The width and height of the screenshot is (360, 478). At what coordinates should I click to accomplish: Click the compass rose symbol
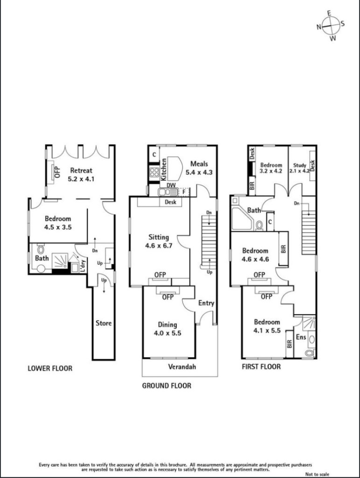[x=331, y=26]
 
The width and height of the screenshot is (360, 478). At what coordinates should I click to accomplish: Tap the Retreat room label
[x=81, y=170]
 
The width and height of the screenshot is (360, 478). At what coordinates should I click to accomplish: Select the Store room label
[x=104, y=323]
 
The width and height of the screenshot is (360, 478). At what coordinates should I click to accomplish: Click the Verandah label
[x=182, y=366]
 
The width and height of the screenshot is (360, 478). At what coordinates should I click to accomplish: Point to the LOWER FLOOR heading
[x=50, y=368]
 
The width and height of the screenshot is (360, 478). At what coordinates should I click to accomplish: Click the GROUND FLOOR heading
[x=167, y=386]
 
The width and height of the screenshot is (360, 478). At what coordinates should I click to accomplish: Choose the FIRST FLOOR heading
[x=261, y=366]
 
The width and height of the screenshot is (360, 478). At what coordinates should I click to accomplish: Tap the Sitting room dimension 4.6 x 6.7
[x=159, y=246]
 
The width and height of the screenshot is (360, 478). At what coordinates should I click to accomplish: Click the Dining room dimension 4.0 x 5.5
[x=167, y=333]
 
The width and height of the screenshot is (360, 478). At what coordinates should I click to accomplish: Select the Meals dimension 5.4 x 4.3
[x=199, y=172]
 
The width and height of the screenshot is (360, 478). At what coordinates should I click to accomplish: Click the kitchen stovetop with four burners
[x=155, y=173]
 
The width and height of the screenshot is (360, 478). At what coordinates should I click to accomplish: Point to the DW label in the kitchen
[x=171, y=185]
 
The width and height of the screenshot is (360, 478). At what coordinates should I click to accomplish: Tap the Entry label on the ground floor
[x=206, y=303]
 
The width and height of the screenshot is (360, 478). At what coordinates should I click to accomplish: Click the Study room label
[x=300, y=165]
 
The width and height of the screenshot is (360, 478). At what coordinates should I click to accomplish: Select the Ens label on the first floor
[x=301, y=337]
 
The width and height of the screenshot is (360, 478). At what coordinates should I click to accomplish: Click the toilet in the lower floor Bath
[x=41, y=248]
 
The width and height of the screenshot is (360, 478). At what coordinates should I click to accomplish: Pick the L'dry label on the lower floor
[x=83, y=265]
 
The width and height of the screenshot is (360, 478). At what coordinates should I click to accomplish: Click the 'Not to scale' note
[x=317, y=474]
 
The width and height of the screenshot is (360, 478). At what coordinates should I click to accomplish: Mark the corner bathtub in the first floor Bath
[x=242, y=219]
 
